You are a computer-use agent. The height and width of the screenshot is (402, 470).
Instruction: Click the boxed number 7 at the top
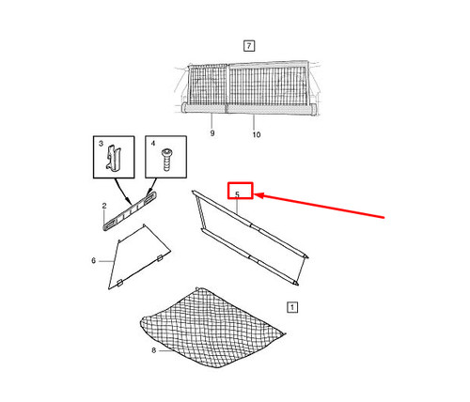(249, 46)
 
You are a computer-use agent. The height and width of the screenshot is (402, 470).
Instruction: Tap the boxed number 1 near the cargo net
(292, 307)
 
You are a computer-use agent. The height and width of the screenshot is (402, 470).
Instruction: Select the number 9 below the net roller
(212, 133)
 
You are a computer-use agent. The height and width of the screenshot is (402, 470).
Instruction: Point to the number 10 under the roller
(257, 134)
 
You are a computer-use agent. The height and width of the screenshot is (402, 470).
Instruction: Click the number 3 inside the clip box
(101, 144)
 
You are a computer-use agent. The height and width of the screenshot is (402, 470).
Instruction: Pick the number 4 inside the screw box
(153, 144)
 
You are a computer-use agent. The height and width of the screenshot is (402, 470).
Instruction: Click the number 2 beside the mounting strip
(104, 206)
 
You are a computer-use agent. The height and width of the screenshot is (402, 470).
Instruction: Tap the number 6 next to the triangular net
(93, 260)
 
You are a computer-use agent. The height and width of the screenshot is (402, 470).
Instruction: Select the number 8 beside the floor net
(153, 350)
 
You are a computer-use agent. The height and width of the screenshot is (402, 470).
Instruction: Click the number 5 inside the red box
(237, 194)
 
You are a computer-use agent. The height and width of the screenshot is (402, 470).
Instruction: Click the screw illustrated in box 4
(166, 160)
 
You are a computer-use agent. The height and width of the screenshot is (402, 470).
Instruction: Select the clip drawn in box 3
(113, 159)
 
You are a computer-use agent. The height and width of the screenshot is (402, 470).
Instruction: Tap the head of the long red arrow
(258, 195)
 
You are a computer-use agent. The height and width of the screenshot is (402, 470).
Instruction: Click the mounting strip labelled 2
(130, 211)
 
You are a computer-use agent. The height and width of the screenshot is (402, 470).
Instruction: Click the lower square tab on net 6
(119, 284)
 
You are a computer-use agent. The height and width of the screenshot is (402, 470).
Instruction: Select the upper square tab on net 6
(160, 258)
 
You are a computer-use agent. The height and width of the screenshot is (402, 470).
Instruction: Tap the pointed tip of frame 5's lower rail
(297, 285)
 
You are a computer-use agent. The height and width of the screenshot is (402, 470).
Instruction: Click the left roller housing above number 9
(203, 108)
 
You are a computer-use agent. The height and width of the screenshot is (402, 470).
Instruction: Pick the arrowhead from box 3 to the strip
(128, 202)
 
